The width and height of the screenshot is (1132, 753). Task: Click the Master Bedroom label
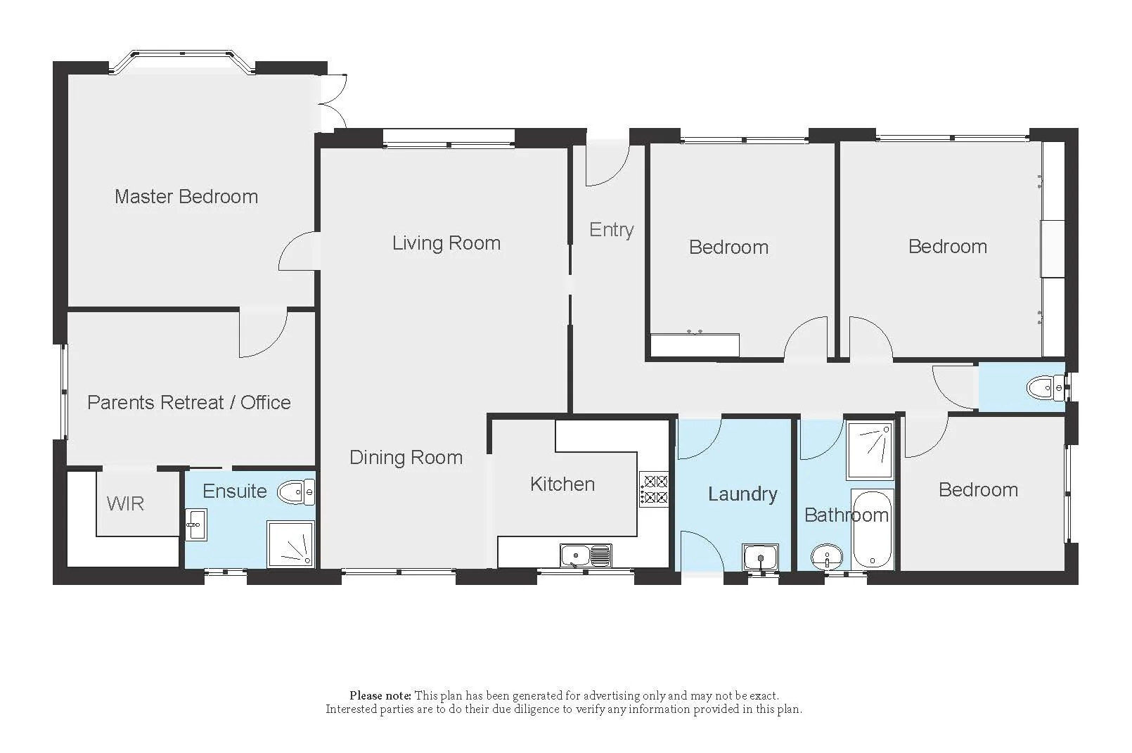[186, 196]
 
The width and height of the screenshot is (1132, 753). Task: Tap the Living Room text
[446, 243]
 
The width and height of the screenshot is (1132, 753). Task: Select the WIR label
[125, 503]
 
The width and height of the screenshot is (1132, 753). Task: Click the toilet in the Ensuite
[295, 491]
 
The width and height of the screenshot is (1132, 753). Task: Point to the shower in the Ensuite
[290, 543]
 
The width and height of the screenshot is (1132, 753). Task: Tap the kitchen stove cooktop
[653, 490]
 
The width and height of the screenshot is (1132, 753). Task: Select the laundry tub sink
[760, 558]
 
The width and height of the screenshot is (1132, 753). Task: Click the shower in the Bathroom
[869, 449]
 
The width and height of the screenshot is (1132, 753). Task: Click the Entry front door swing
[606, 165]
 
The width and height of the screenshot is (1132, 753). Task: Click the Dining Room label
[406, 458]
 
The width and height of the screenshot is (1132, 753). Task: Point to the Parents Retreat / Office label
[188, 402]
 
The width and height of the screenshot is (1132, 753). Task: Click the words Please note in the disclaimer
[380, 695]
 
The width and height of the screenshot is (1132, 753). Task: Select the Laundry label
[742, 494]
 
